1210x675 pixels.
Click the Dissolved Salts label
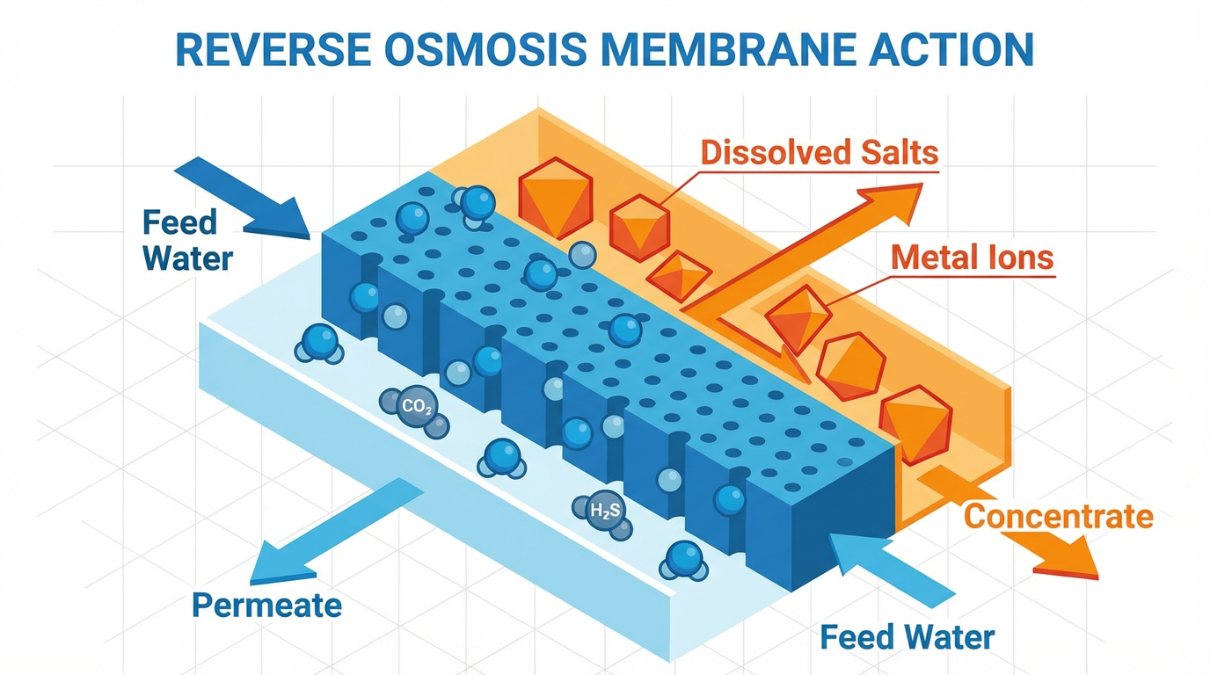tap(819, 152)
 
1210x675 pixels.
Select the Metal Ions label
tap(971, 258)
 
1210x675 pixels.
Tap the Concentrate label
tap(1058, 516)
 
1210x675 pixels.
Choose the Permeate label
tap(266, 605)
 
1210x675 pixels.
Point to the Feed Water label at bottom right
tap(907, 636)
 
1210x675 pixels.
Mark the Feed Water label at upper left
tap(187, 240)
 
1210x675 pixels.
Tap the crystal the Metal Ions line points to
tap(798, 316)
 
